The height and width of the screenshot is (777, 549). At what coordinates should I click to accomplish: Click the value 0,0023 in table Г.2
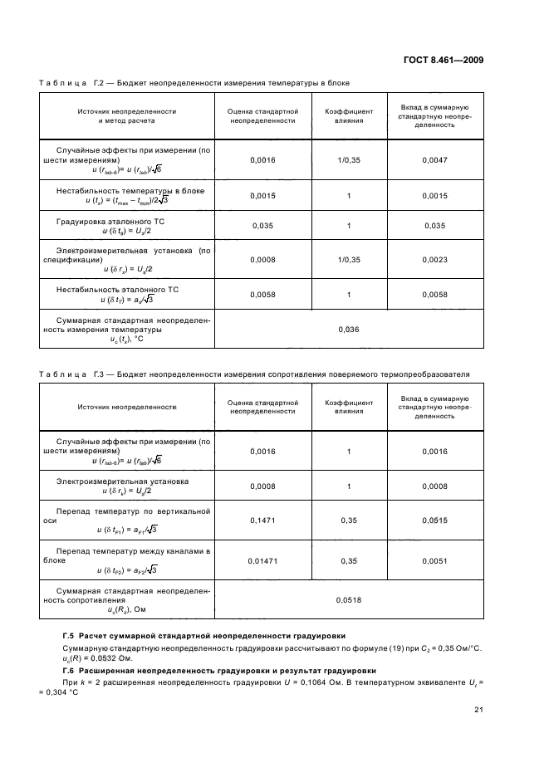pyautogui.click(x=434, y=260)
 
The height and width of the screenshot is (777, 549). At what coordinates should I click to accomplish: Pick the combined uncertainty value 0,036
pyautogui.click(x=349, y=330)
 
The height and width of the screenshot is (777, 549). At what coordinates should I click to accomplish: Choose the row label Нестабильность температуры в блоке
pyautogui.click(x=130, y=190)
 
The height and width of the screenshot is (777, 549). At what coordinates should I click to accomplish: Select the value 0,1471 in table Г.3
pyautogui.click(x=262, y=520)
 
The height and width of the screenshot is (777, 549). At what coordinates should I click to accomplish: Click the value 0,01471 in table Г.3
pyautogui.click(x=262, y=560)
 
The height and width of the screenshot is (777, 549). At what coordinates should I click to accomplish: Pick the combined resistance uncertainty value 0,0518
pyautogui.click(x=349, y=599)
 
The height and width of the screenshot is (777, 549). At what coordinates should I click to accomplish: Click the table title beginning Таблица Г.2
pyautogui.click(x=194, y=83)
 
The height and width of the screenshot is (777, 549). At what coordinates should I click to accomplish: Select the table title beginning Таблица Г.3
pyautogui.click(x=254, y=374)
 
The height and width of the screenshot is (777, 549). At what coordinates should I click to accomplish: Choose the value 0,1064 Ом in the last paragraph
pyautogui.click(x=311, y=682)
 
